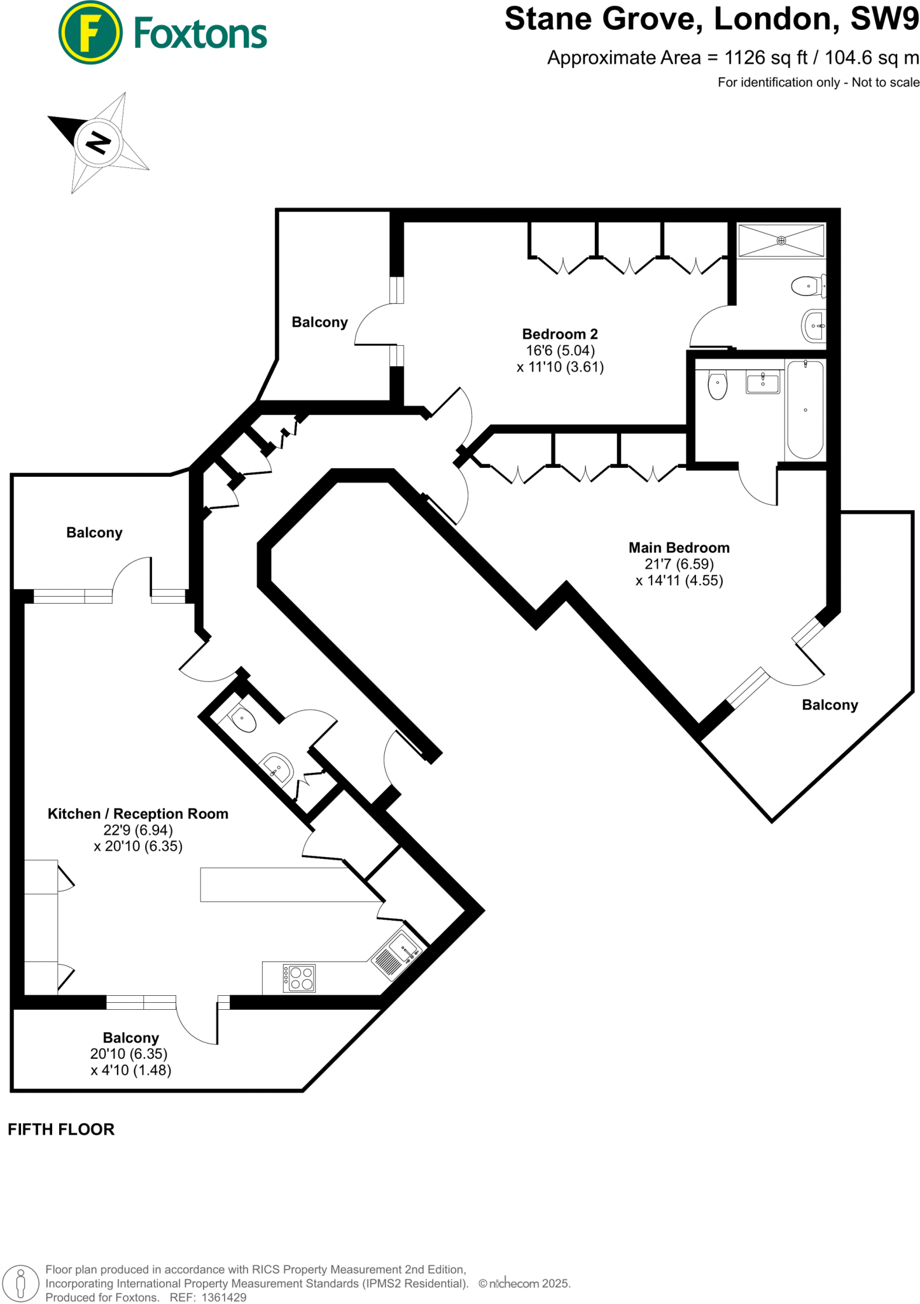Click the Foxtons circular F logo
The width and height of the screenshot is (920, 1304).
[90, 32]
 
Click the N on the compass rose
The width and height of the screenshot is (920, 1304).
[97, 142]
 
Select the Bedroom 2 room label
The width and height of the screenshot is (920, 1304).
[559, 334]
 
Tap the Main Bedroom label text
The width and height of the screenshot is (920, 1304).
[678, 548]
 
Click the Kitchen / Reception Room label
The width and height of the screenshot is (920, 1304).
[137, 814]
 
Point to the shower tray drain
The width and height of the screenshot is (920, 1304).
[781, 241]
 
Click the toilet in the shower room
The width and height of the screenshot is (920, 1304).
[807, 286]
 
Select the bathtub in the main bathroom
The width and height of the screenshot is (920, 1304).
[805, 409]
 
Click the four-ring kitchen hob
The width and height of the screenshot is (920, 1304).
[299, 978]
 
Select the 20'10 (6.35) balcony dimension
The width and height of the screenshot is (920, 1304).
[129, 1054]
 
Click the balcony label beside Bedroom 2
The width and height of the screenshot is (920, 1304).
[319, 322]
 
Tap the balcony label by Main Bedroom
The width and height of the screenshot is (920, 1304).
[829, 705]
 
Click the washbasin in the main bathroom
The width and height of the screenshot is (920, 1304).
[762, 383]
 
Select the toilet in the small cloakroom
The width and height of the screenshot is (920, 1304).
[243, 721]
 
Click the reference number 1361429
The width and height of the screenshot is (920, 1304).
[223, 1297]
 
